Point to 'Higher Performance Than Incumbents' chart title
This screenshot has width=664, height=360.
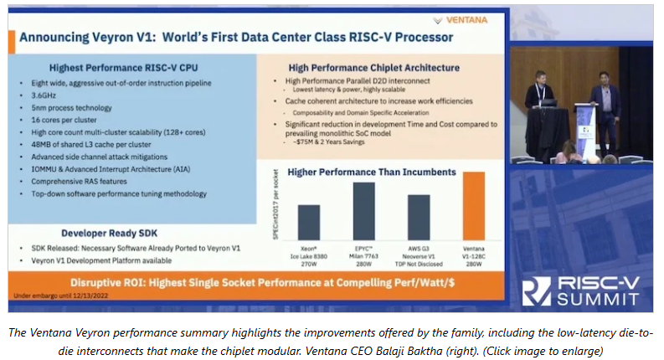pyautogui.click(x=371, y=172)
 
